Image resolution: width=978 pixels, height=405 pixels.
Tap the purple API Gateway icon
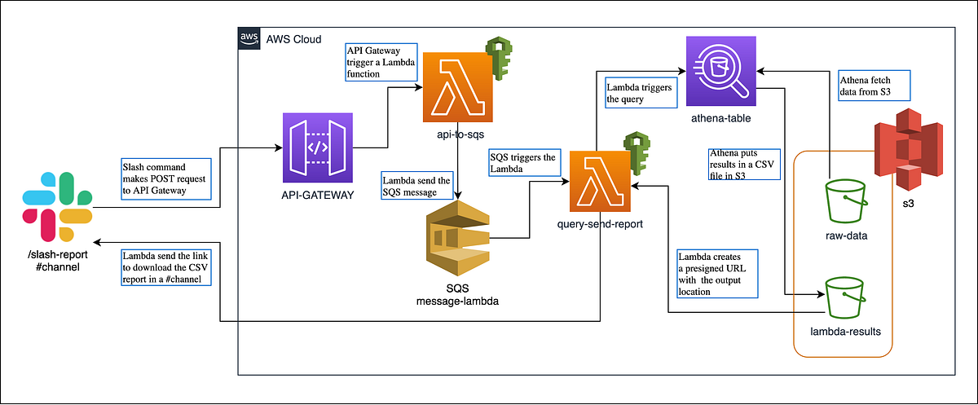coord(318,148)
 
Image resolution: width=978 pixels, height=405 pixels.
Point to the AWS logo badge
coord(248,38)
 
